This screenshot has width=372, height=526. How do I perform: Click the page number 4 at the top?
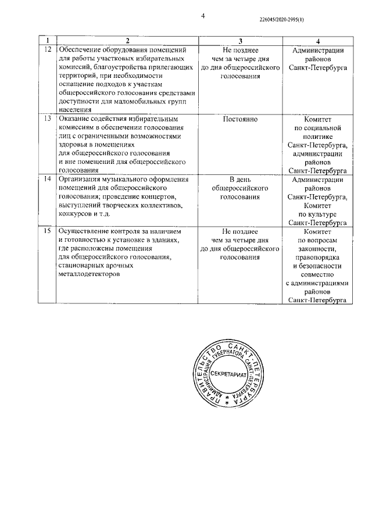[203, 16]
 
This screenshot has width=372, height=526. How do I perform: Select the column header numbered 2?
[127, 40]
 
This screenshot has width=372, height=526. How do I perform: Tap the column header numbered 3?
[241, 40]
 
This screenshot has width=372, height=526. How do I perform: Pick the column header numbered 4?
[318, 40]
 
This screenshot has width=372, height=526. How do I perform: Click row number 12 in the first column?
[48, 51]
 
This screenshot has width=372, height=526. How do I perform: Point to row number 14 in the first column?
[48, 180]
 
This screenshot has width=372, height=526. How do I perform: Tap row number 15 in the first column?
[48, 231]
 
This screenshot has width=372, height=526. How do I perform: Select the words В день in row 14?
[241, 180]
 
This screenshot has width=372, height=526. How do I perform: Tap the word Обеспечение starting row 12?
[81, 51]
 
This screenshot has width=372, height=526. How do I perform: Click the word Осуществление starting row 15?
[85, 231]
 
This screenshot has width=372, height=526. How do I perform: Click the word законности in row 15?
[317, 248]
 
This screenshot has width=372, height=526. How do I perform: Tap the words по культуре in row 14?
[317, 214]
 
